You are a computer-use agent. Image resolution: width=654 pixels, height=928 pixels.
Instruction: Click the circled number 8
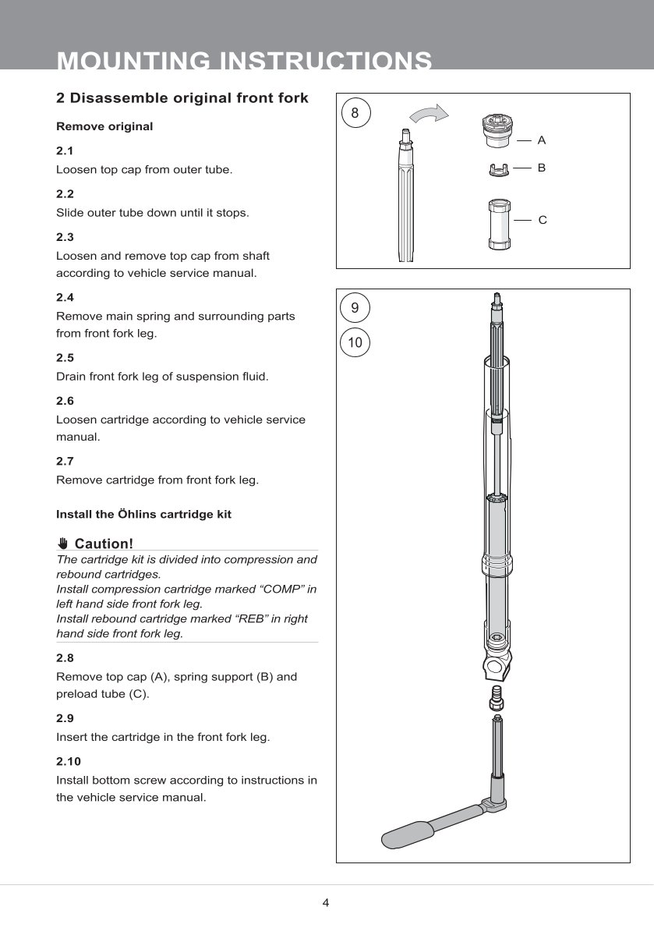click(x=355, y=113)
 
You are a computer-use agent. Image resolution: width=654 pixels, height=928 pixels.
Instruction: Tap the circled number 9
click(x=355, y=308)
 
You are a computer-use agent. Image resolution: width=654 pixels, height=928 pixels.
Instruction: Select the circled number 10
click(x=355, y=342)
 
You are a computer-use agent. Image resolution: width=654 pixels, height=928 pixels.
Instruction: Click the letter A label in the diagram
click(x=542, y=140)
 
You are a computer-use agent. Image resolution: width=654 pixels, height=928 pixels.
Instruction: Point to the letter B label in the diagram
click(x=542, y=168)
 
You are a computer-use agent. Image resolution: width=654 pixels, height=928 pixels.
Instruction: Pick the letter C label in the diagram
click(x=543, y=221)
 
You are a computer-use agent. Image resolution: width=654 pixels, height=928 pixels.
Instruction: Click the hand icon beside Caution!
click(x=63, y=544)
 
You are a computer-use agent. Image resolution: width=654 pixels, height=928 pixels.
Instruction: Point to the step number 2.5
click(x=65, y=357)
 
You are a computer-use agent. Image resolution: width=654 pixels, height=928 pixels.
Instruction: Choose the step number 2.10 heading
click(x=69, y=761)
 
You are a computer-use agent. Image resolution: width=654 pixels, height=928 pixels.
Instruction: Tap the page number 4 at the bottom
click(x=326, y=903)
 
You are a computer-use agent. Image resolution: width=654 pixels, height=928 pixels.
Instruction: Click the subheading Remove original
click(x=104, y=126)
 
